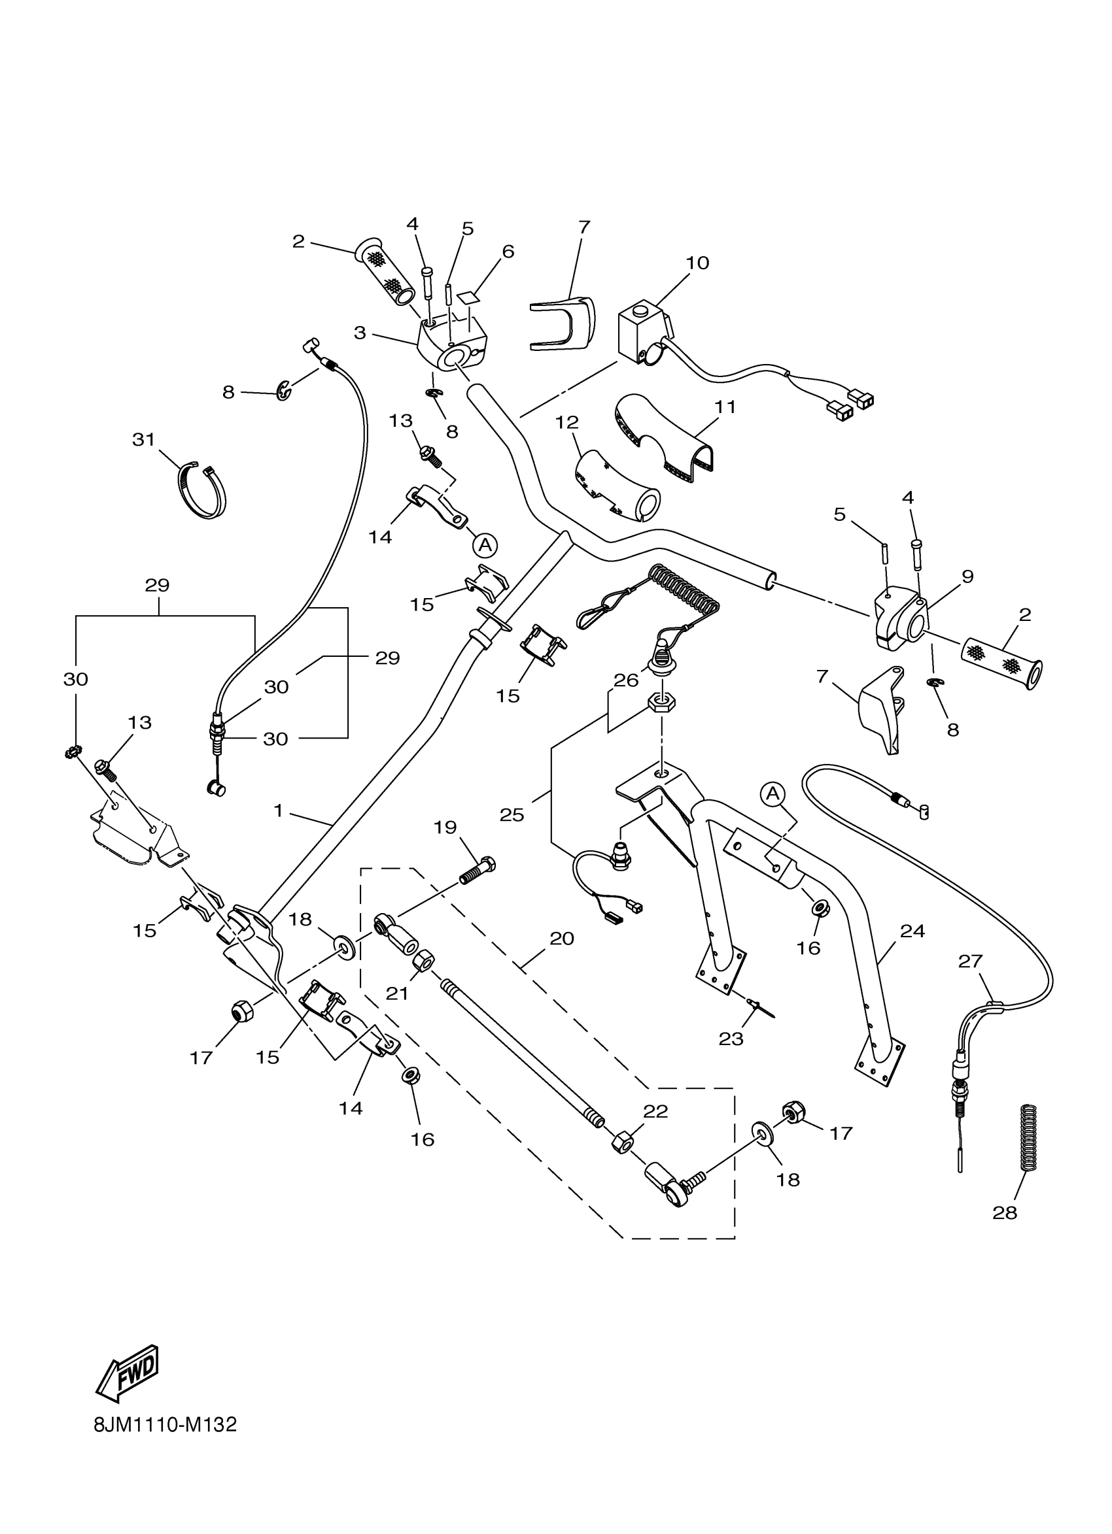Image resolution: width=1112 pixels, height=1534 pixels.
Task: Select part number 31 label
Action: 143,441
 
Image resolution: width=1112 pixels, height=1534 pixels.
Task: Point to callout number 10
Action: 698,263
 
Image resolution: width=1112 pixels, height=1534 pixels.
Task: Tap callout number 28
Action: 1004,1212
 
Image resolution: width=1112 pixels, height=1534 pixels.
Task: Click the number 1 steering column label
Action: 278,810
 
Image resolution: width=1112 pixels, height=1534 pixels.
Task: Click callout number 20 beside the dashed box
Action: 562,938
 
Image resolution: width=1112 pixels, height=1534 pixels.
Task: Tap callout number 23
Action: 731,1039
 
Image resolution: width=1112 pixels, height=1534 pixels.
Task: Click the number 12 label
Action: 567,423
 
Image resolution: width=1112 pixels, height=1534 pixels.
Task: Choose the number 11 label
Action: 725,407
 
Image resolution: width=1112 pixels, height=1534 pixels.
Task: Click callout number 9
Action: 967,577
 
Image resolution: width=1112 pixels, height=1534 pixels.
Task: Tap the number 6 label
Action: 508,252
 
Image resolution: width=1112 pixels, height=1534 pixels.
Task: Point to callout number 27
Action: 971,960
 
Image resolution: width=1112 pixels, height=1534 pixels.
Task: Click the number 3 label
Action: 359,333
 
